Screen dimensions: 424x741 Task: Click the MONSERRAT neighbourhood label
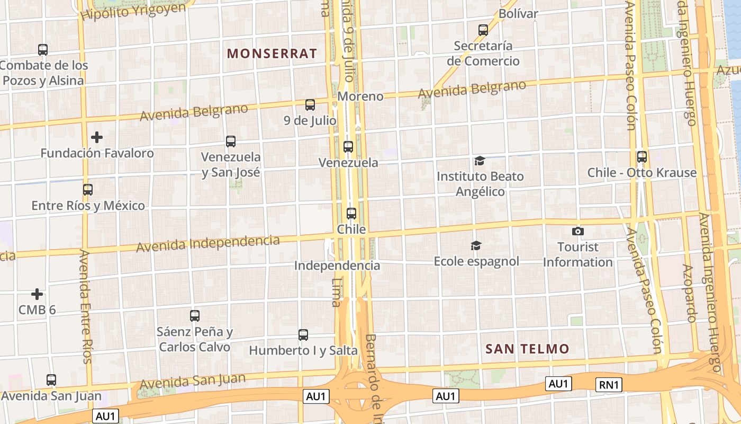pos(272,54)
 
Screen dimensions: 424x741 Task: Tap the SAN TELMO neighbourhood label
pos(527,349)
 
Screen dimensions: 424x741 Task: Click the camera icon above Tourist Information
pos(578,231)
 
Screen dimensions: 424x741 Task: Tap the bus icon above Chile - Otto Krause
pos(642,156)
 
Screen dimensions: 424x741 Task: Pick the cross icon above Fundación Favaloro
pos(97,137)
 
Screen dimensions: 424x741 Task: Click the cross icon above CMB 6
pos(37,294)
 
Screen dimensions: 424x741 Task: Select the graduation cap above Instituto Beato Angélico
pos(480,161)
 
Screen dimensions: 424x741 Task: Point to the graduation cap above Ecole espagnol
pos(476,245)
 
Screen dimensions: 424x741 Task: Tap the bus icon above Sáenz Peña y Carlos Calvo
pos(195,316)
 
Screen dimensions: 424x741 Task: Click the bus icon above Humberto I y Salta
pos(303,334)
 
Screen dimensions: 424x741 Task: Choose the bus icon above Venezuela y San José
pos(231,141)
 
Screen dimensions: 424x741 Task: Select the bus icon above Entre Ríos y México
pos(88,189)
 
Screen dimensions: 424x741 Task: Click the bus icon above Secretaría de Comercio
pos(483,30)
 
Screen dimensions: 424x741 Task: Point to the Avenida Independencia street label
pos(208,243)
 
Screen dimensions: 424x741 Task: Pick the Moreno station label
pos(360,96)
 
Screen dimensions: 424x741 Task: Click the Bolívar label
pos(518,14)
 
